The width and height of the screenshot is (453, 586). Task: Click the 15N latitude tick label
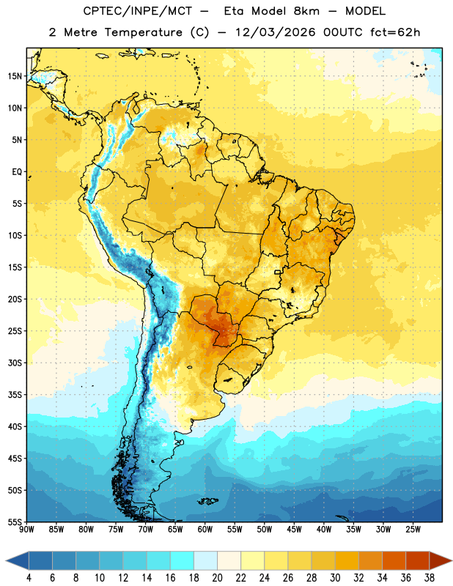[15, 76]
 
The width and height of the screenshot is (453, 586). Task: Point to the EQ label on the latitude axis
[17, 172]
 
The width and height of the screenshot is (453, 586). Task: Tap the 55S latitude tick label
[15, 522]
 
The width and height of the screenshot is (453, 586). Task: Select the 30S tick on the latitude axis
[15, 363]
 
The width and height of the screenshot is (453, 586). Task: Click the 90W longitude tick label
[26, 530]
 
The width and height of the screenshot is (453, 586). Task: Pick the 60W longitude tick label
[205, 530]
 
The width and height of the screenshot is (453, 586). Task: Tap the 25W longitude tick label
[413, 530]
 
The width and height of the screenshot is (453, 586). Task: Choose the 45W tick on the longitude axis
[294, 530]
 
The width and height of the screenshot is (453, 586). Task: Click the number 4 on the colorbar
[29, 578]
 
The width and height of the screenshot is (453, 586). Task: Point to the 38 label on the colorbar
[430, 578]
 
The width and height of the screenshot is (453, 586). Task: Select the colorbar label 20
[217, 578]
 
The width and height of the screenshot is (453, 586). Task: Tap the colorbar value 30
[335, 578]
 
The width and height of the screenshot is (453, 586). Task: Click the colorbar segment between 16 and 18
[183, 560]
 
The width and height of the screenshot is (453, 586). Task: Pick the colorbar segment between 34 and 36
[394, 560]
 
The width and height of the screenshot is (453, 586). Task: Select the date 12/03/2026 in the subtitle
[276, 32]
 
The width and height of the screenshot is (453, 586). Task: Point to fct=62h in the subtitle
[395, 32]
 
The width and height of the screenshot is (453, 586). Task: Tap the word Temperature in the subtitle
[143, 32]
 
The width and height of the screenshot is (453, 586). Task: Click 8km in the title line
[306, 11]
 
